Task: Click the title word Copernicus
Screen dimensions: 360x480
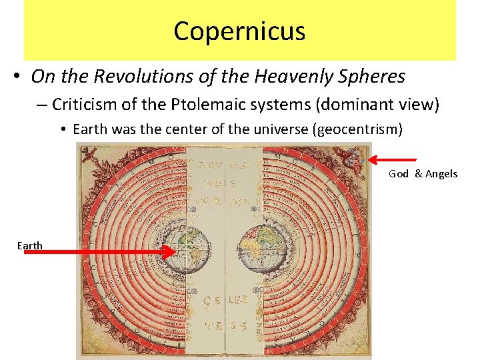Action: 239,31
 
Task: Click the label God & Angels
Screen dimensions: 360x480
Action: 423,174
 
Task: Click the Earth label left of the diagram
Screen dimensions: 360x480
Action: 30,246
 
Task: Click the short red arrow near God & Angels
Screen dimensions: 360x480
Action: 393,159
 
